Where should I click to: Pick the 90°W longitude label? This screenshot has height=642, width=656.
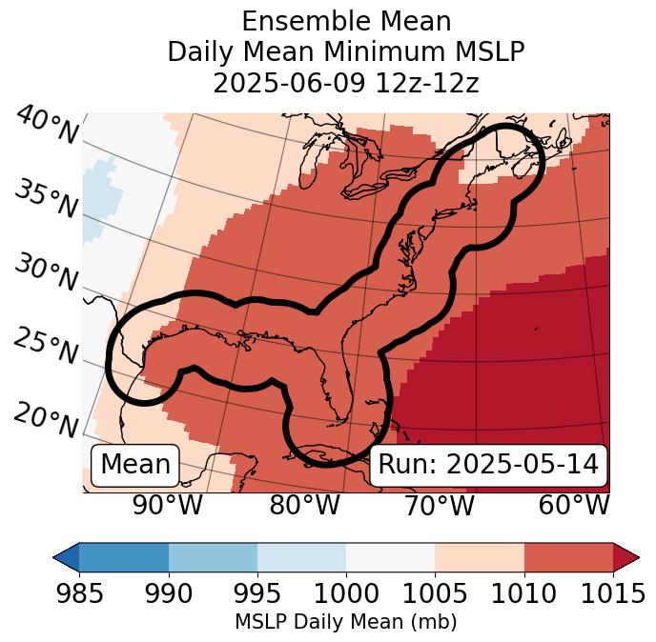click(x=168, y=506)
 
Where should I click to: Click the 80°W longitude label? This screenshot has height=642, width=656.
click(x=304, y=506)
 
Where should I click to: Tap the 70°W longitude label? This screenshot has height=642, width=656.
click(x=438, y=506)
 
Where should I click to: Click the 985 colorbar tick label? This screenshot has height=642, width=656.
click(x=79, y=593)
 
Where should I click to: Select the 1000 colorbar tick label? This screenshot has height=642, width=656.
click(x=346, y=593)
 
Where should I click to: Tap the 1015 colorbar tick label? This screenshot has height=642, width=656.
click(x=613, y=593)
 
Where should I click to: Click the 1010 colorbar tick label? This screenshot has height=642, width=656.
click(x=524, y=593)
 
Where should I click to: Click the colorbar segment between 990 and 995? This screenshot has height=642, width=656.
click(x=213, y=556)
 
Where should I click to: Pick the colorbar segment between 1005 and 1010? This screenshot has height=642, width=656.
click(x=480, y=556)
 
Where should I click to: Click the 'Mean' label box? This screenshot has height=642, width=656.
click(x=135, y=465)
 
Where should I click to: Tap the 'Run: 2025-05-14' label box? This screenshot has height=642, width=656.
click(x=488, y=465)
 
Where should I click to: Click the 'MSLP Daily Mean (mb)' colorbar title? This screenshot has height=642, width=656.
click(x=346, y=622)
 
